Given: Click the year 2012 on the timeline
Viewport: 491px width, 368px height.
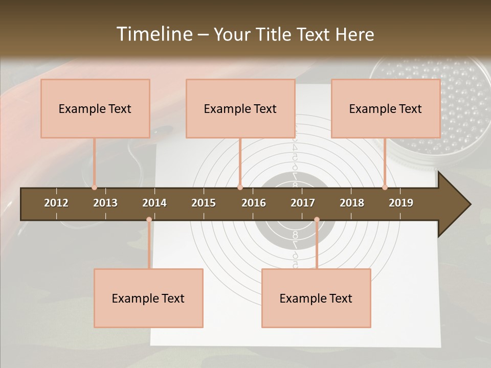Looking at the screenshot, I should coord(56,203).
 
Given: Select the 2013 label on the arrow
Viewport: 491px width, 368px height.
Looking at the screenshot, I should coord(105,203).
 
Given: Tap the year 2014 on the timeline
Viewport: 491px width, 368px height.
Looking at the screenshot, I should coord(154,203).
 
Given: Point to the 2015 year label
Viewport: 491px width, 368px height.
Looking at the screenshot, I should coord(204,203).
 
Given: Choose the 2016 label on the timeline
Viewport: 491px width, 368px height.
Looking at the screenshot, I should coord(254,203).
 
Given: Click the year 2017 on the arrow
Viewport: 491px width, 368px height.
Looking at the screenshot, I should coord(303,203).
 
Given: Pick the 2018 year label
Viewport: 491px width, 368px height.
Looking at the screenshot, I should coord(352,203).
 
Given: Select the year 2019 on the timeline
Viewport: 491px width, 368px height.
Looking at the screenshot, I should coord(401,203).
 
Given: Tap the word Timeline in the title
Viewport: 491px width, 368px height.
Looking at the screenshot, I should coord(153,34).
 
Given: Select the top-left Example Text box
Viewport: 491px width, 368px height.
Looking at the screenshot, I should coord(95,108).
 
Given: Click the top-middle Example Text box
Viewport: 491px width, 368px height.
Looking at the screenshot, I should coord(240,108).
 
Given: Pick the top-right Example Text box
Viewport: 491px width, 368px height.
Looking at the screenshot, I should coord(386,108).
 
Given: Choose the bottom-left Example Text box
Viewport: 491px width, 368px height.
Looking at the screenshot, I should coord(148,298).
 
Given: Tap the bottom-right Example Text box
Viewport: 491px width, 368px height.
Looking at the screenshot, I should coord(316,298).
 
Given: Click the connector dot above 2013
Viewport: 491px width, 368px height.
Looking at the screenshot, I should coord(94,188).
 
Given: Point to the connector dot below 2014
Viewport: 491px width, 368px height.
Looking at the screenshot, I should coord(149,219).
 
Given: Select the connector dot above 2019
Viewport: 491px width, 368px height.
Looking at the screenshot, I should coord(385,188).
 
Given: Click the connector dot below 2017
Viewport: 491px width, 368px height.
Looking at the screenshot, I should coord(317,219).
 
